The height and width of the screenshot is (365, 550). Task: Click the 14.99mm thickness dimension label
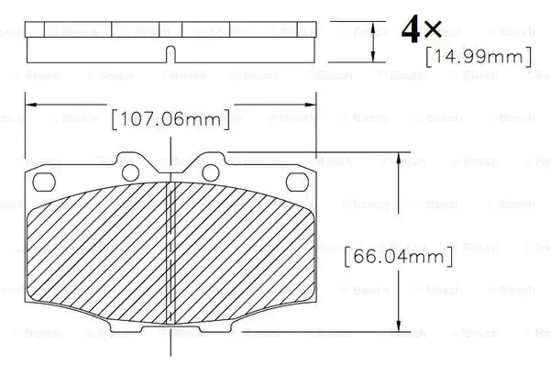pyautogui.click(x=478, y=57)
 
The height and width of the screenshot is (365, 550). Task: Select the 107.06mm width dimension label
pyautogui.click(x=170, y=119)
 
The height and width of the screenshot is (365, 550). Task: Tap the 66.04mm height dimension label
pyautogui.click(x=399, y=256)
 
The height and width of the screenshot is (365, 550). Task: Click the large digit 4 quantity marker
pyautogui.click(x=411, y=29)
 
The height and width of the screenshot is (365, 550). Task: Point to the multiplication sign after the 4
pyautogui.click(x=433, y=29)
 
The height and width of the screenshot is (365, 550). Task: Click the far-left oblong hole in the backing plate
pyautogui.click(x=44, y=182)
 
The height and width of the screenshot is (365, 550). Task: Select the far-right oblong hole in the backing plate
pyautogui.click(x=297, y=182)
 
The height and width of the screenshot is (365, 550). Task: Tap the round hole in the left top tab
pyautogui.click(x=130, y=172)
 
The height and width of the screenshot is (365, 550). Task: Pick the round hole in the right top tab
pyautogui.click(x=211, y=172)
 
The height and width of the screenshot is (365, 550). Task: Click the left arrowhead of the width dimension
pyautogui.click(x=31, y=105)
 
